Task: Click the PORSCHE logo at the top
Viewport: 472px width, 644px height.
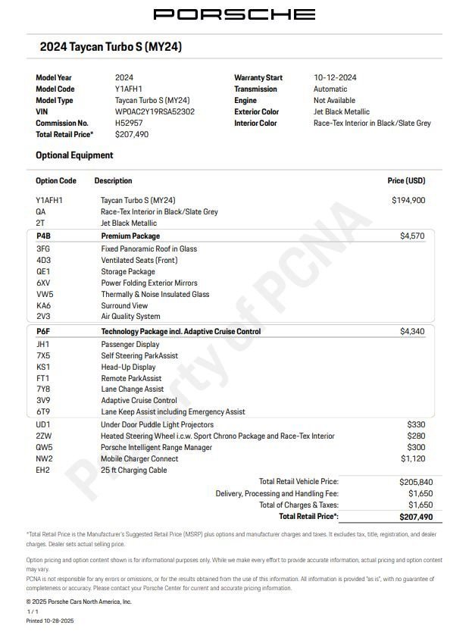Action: tap(235, 14)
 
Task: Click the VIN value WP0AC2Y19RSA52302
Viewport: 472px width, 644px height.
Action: tap(155, 111)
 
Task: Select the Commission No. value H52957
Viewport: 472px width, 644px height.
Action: tap(128, 123)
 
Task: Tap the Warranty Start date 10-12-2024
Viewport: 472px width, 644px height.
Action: tap(335, 77)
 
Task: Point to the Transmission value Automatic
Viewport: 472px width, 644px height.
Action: tap(330, 89)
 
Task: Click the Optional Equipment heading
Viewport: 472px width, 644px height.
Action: tap(74, 155)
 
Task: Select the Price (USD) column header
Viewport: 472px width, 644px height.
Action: tap(406, 181)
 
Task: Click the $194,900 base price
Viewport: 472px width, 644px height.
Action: tap(408, 200)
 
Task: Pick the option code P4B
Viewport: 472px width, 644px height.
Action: tap(43, 236)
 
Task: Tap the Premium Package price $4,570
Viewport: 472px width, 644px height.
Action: tap(412, 236)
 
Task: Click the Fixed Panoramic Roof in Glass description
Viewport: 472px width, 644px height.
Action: tap(148, 249)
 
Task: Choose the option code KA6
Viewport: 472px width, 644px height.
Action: tap(43, 305)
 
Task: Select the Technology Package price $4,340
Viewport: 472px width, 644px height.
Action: tap(412, 332)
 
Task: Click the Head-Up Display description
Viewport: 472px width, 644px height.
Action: tap(128, 367)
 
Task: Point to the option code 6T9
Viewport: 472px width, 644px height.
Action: tap(42, 412)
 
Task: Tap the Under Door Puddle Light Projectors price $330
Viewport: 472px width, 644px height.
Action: tap(416, 425)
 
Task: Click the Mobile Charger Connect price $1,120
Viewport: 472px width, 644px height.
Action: tap(412, 458)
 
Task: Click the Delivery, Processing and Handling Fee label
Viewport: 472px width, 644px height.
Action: tap(277, 493)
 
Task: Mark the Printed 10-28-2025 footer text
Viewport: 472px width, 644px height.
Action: tap(50, 621)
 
